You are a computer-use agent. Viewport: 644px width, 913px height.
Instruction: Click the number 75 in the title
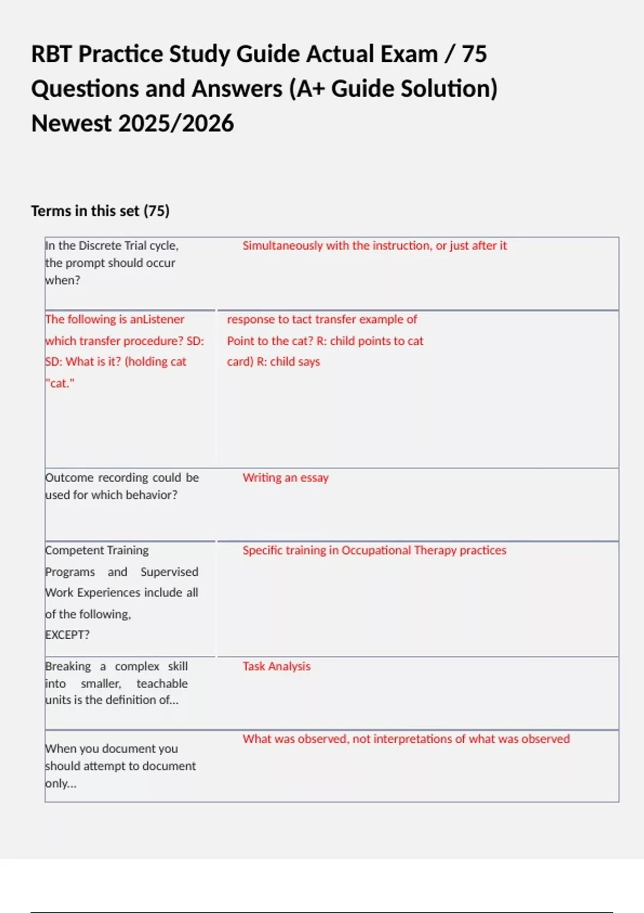(474, 54)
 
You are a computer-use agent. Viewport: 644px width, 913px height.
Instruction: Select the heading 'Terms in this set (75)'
(100, 211)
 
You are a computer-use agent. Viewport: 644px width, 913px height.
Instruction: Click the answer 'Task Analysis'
(276, 666)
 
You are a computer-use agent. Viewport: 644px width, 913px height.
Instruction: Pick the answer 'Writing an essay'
(286, 477)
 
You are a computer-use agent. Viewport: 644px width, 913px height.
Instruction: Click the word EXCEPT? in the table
(67, 634)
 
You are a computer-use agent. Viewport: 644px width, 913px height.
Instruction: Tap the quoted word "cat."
(60, 383)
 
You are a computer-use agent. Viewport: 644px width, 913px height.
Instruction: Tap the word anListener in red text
(157, 319)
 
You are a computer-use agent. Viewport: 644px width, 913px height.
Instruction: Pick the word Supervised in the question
(169, 571)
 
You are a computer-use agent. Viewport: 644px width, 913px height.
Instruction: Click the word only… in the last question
(61, 783)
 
